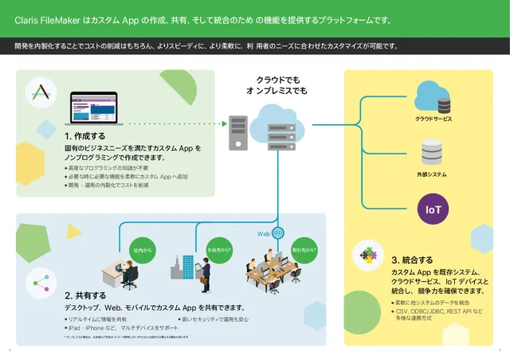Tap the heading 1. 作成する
click(x=85, y=136)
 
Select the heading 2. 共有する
click(x=85, y=295)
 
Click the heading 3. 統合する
click(x=412, y=260)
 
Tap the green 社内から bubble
click(x=143, y=250)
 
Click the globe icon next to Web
click(x=278, y=234)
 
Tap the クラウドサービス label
click(x=433, y=119)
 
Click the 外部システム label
click(x=432, y=174)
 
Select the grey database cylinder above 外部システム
click(x=432, y=152)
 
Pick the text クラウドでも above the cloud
click(x=277, y=80)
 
